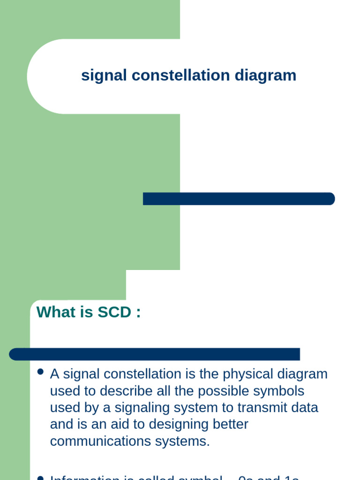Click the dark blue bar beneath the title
(239, 199)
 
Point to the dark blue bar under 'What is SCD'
(155, 354)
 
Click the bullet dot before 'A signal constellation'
(40, 372)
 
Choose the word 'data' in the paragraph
(305, 407)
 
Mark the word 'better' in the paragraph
(229, 424)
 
